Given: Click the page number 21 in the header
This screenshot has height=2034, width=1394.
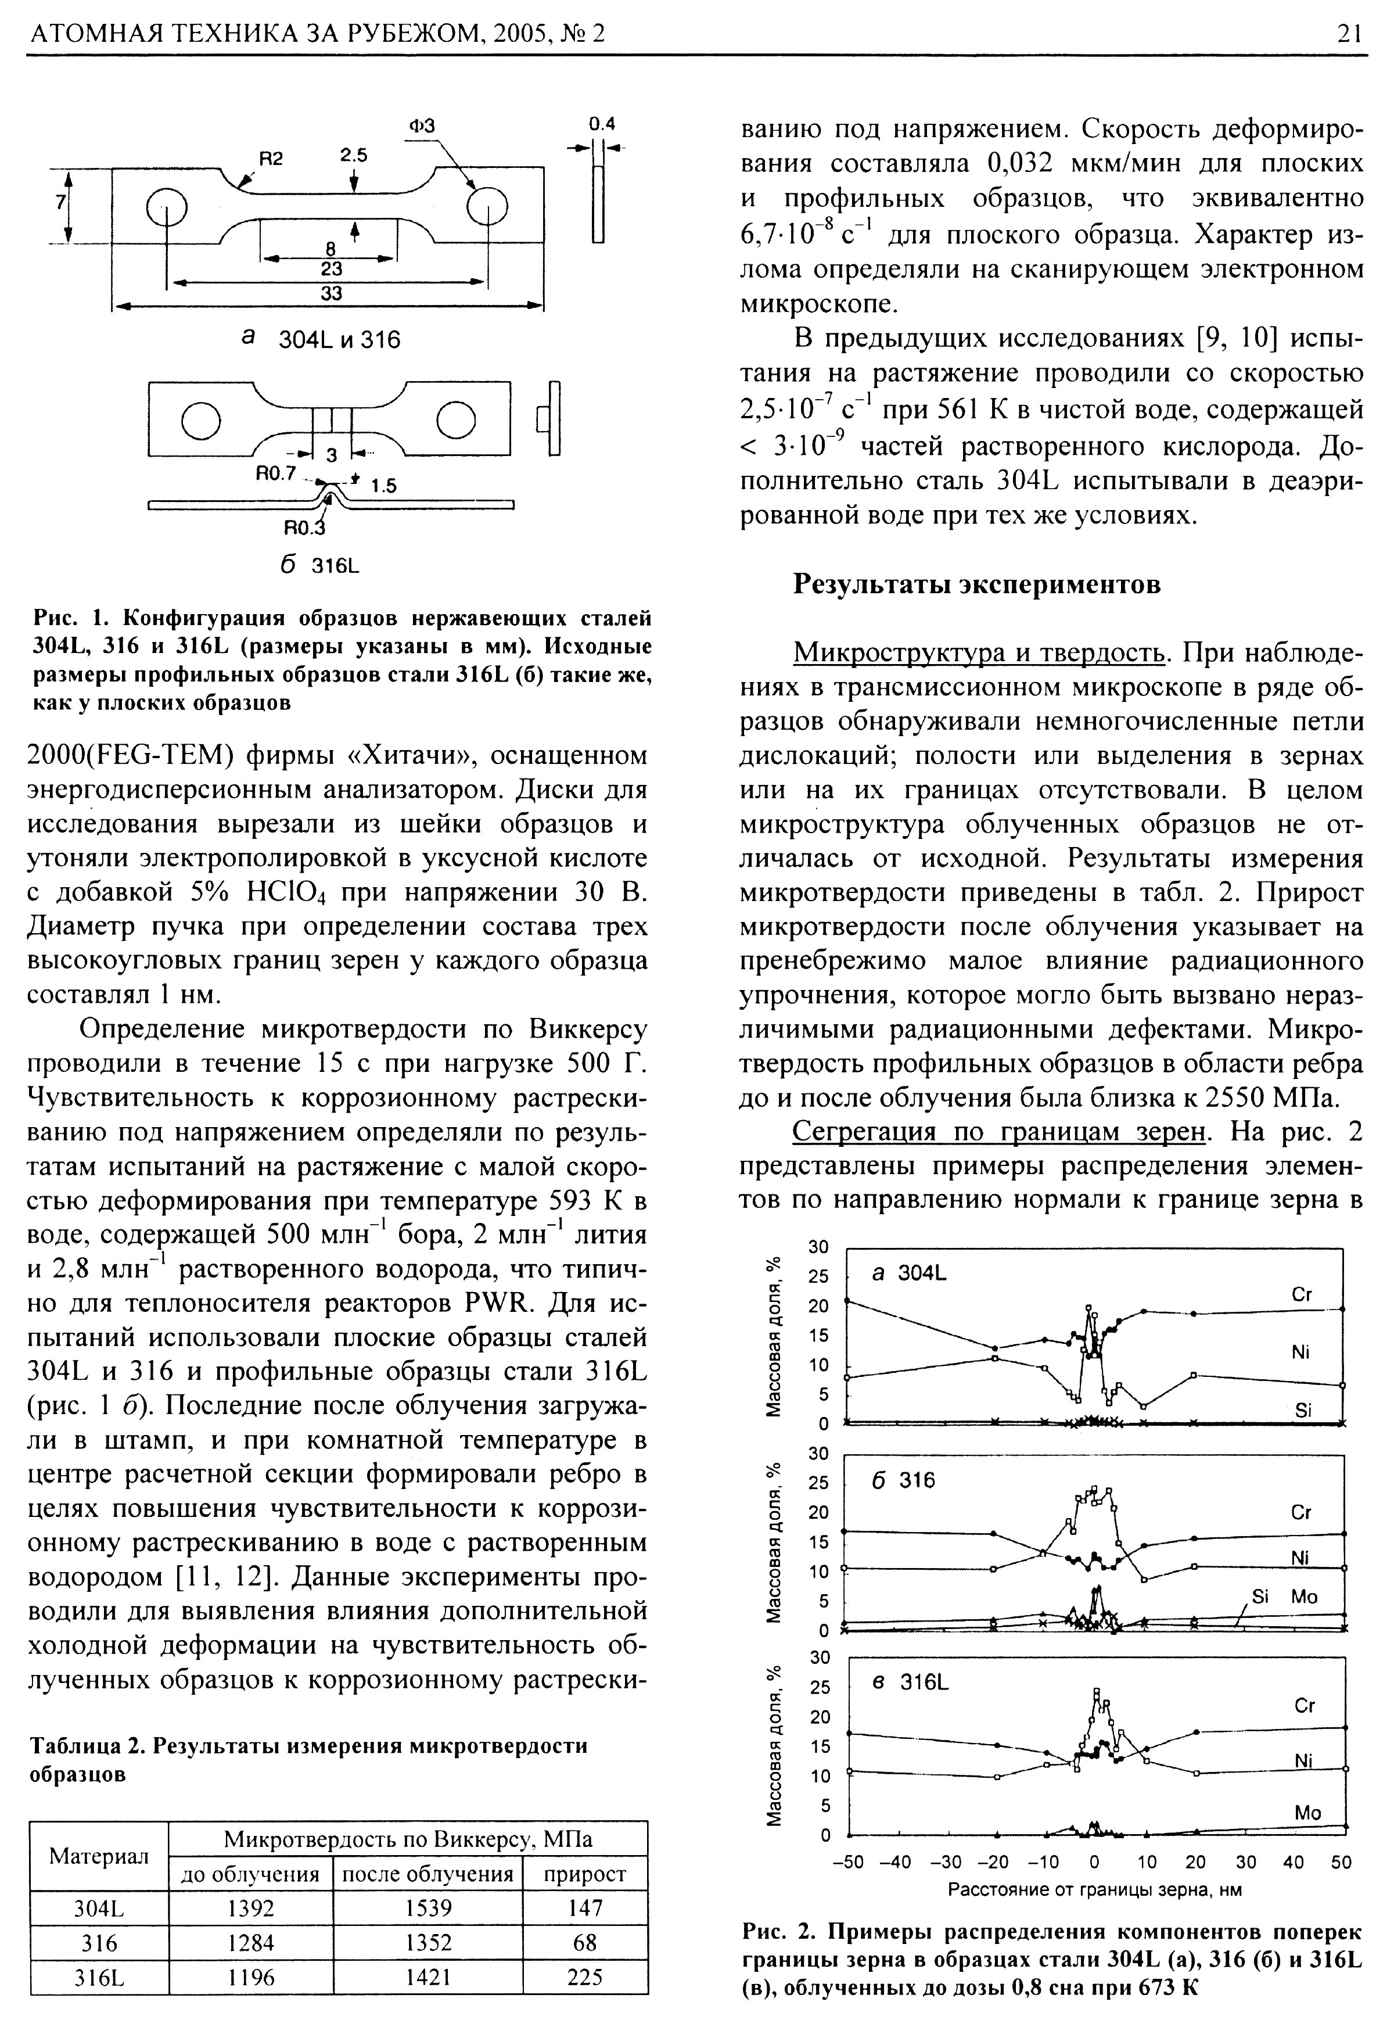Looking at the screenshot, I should click(x=1349, y=33).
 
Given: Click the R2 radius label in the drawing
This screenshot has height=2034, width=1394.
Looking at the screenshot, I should click(x=271, y=159).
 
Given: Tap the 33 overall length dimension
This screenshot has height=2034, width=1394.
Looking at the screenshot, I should click(x=330, y=294).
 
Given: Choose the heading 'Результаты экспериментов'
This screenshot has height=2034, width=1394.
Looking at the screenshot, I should click(x=976, y=584).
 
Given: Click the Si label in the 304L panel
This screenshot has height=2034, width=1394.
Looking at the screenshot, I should click(x=1304, y=1410).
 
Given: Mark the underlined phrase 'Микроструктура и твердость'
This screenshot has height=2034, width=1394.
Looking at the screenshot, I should click(x=980, y=653).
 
